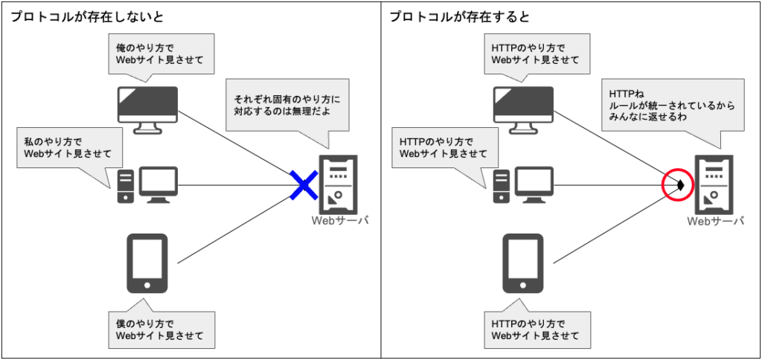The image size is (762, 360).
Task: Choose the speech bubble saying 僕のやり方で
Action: click(160, 330)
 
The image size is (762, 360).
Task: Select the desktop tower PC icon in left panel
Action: click(148, 185)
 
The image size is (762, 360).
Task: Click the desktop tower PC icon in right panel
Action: click(523, 185)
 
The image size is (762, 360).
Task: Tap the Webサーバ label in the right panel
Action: click(715, 221)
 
